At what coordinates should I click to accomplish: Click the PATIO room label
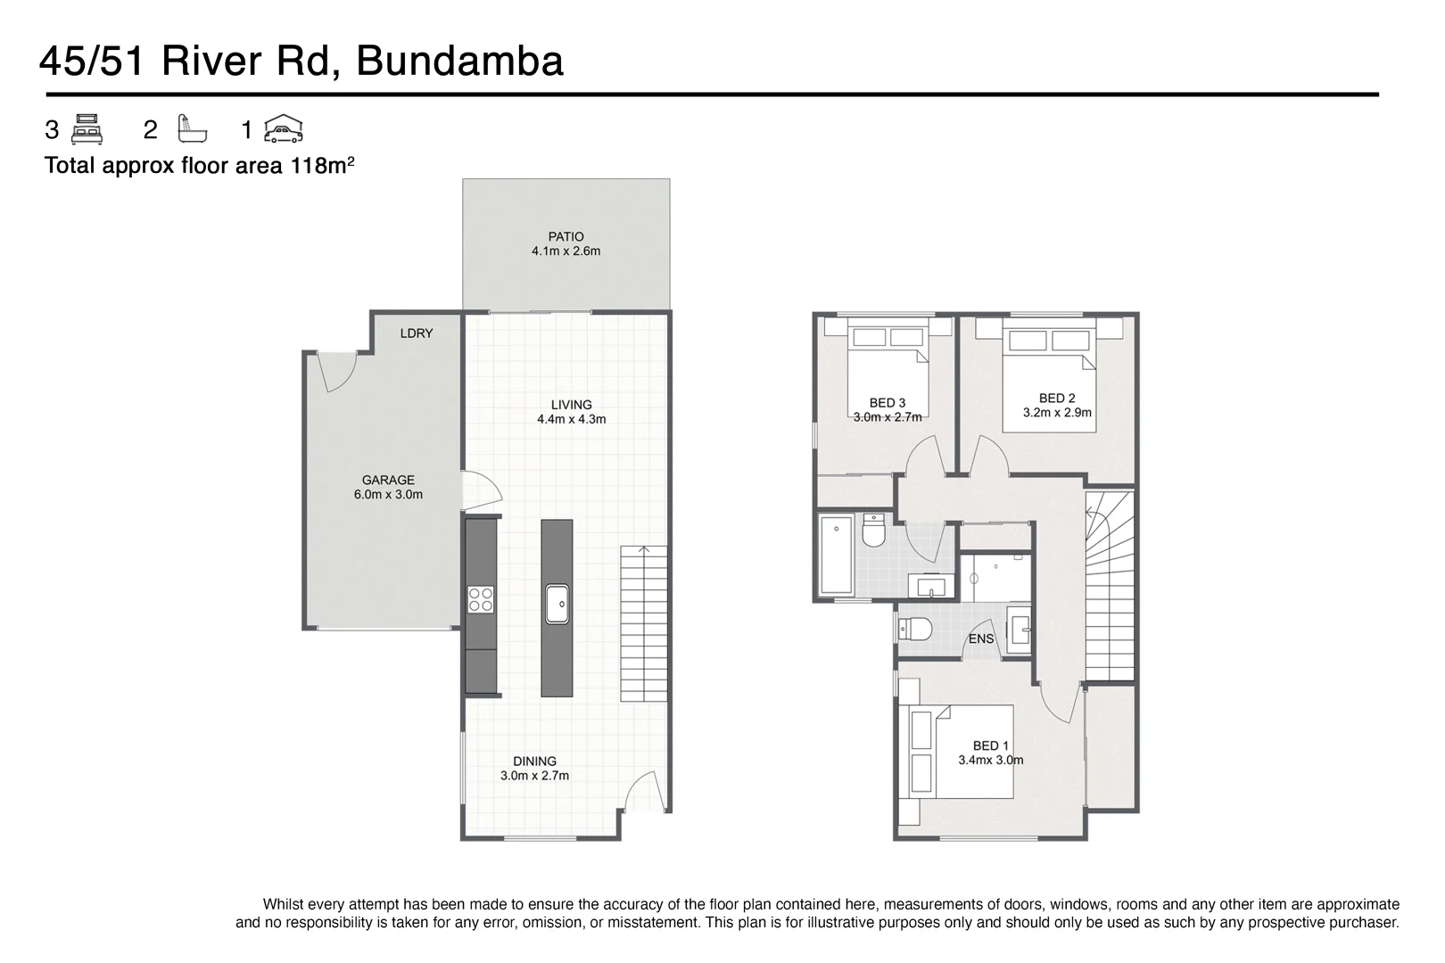point(566,237)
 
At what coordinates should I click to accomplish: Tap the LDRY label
point(417,333)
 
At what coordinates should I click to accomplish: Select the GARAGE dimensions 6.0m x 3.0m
point(388,494)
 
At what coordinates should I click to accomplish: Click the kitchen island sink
point(557,604)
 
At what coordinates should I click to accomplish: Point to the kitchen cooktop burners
point(481,599)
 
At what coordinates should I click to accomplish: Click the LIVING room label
point(571,405)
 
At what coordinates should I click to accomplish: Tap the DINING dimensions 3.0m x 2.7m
point(534,776)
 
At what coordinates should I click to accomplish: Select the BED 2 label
point(1057,399)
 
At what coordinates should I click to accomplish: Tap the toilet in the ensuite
point(915,629)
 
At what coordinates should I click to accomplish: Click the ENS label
point(981,639)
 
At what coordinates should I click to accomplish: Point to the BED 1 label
point(991,746)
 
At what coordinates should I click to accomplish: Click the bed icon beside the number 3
point(87,130)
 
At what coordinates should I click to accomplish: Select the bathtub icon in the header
point(192,130)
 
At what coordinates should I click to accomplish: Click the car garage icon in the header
point(283,130)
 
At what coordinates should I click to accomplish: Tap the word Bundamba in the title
point(459,62)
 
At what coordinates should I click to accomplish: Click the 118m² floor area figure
point(322,166)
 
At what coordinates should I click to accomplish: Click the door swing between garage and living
point(480,491)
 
